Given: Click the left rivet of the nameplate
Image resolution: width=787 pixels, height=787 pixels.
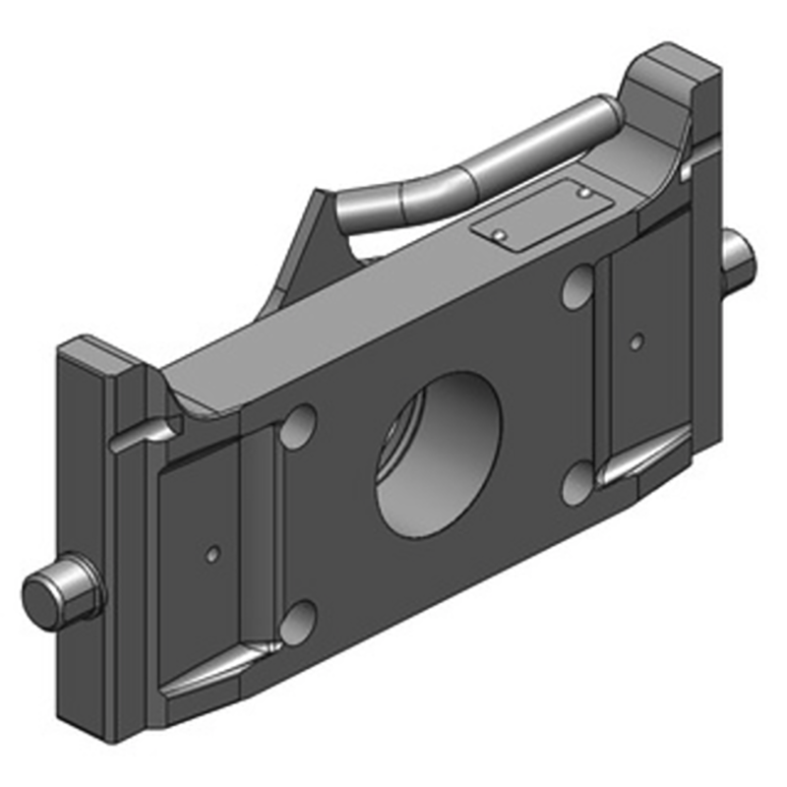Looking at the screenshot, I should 501,235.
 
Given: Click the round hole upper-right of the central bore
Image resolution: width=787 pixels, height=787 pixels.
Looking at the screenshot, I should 577,285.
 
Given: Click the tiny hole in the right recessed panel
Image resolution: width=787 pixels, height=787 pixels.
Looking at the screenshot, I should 636,341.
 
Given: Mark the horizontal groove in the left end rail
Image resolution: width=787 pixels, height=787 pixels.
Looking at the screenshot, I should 138,439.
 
